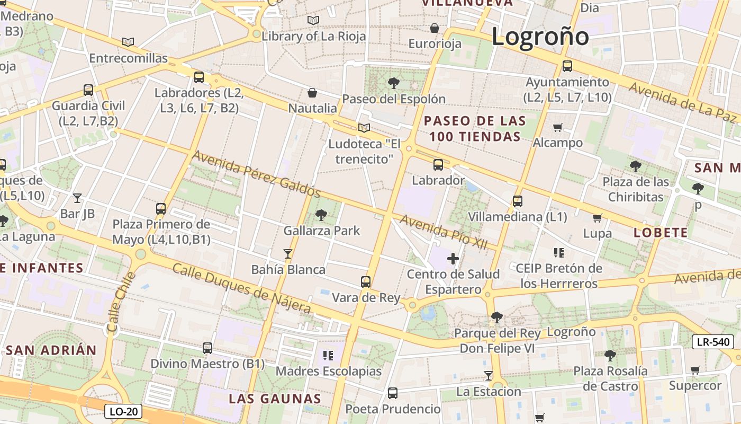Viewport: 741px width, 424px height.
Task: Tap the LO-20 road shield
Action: click(123, 411)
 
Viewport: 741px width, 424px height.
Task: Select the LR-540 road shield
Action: click(713, 342)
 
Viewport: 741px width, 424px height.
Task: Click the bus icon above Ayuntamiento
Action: click(567, 66)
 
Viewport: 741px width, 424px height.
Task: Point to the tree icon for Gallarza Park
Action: click(321, 215)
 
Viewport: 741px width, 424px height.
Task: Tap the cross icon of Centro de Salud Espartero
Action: click(453, 259)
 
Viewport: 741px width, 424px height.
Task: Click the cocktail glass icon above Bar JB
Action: click(77, 198)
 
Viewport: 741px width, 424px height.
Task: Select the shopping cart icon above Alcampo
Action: click(557, 127)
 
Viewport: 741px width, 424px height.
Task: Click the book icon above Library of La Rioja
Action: click(313, 20)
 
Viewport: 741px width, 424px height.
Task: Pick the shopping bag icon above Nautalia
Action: click(312, 93)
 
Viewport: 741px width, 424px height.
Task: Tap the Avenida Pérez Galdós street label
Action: click(256, 173)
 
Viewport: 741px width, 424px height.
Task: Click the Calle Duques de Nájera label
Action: click(241, 288)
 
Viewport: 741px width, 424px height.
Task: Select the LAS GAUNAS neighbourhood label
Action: click(275, 399)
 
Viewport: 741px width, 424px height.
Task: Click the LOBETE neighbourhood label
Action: click(661, 233)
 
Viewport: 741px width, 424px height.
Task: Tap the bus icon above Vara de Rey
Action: click(365, 281)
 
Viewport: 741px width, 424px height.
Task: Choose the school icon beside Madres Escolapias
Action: click(328, 355)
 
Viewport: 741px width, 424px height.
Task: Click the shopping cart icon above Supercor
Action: click(695, 370)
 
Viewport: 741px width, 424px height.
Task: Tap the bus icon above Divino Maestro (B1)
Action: click(207, 348)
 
